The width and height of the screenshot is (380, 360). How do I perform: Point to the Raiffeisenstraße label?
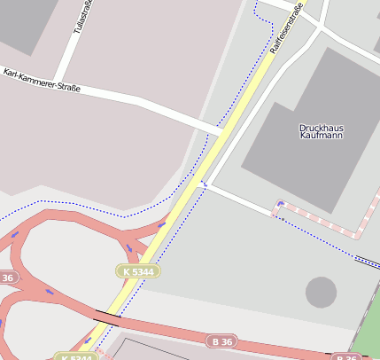(x=286, y=26)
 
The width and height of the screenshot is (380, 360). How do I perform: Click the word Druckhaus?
(x=321, y=128)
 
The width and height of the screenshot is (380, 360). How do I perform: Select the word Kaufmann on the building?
(x=321, y=137)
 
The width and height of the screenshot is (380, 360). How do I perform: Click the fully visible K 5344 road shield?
(x=138, y=270)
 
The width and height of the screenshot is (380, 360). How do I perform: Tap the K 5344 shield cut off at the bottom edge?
(x=75, y=356)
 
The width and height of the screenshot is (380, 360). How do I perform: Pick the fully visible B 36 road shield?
(x=221, y=340)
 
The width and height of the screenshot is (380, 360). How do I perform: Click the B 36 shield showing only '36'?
(x=7, y=278)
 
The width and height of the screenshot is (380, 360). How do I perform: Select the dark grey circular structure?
(x=321, y=292)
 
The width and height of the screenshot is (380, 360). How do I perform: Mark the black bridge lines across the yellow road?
(x=108, y=315)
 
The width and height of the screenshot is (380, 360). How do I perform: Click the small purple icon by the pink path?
(x=281, y=204)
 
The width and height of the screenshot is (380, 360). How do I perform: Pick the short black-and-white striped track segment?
(x=366, y=261)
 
